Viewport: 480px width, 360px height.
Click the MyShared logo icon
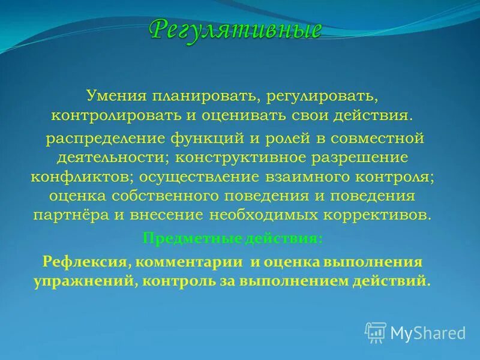(376, 332)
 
